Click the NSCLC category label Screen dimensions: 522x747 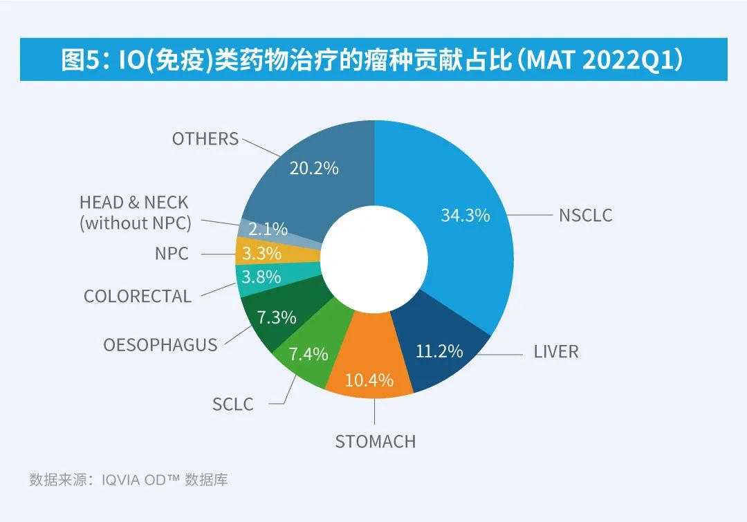click(x=585, y=215)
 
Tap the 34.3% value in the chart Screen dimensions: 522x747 click(x=465, y=215)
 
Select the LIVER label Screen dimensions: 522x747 click(x=555, y=351)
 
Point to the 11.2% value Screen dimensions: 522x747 click(x=439, y=351)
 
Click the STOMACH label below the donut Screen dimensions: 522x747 click(x=375, y=441)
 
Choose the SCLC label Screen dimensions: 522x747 click(x=233, y=404)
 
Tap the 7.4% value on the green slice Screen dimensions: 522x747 click(x=308, y=355)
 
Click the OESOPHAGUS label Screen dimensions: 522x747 click(x=160, y=344)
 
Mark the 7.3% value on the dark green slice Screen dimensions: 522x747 click(x=277, y=317)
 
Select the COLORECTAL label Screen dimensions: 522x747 click(x=138, y=296)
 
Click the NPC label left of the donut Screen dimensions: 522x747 click(x=172, y=253)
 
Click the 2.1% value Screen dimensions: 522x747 click(x=268, y=230)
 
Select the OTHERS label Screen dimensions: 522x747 click(x=205, y=138)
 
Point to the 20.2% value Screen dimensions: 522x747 click(x=314, y=167)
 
